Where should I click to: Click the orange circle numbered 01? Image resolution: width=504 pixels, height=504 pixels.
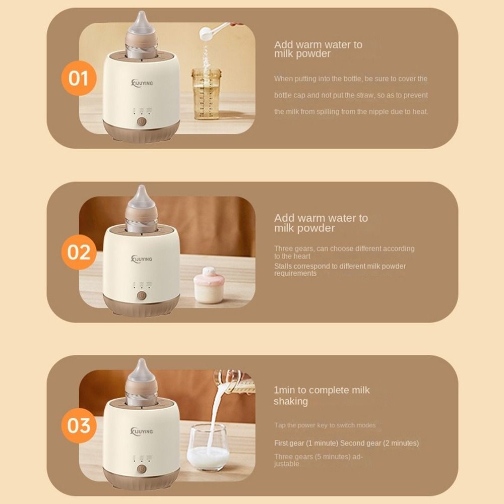point(78,79)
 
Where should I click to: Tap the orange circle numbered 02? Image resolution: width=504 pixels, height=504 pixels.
point(78,252)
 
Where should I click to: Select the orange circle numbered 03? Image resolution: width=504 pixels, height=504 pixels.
point(78,425)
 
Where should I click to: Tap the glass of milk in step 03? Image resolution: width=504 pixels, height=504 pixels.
point(207,447)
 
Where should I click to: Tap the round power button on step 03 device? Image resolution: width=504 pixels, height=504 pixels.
point(142,470)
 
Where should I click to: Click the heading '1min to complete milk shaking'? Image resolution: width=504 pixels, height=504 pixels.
point(322,396)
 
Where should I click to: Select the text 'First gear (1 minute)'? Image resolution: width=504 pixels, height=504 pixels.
point(306,443)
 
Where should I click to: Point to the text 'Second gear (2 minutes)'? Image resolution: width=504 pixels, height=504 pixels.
point(380,443)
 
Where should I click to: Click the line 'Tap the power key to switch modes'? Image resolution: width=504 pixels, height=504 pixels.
point(325,425)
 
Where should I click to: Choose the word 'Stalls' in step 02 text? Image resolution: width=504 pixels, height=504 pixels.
point(283,266)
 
